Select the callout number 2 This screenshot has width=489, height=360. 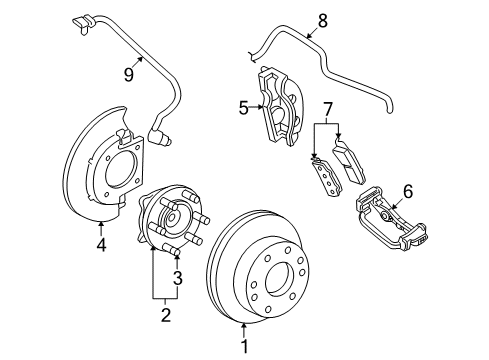166,317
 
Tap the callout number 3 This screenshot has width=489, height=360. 177,277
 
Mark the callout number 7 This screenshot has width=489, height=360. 327,108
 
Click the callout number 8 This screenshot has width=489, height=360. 322,19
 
